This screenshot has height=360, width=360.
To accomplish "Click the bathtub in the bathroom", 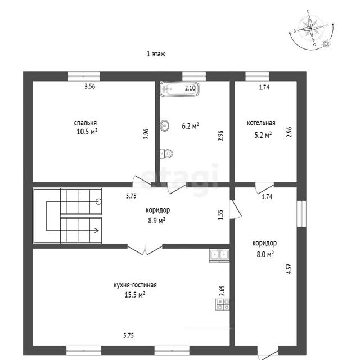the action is tap(179, 89).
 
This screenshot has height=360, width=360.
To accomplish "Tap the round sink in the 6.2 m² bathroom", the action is tap(165, 125).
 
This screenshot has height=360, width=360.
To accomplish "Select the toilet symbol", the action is tap(166, 154).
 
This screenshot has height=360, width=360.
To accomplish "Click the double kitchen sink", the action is tap(219, 255).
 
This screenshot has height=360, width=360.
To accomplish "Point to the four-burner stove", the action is tap(223, 304).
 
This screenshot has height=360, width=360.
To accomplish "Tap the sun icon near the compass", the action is tap(326, 44).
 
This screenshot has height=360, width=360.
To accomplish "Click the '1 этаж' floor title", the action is tap(156, 54).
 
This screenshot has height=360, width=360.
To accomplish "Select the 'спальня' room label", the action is tap(85, 123).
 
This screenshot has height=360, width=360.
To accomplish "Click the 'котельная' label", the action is tap(261, 123).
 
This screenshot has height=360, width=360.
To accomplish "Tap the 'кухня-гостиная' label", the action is tap(135, 285).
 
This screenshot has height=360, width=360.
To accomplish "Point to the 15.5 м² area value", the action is tap(135, 294).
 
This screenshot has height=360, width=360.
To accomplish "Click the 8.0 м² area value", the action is tap(265, 254).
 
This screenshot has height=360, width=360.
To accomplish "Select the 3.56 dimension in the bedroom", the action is tap(90, 87).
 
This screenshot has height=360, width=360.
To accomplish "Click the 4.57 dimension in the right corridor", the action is tap(289, 268).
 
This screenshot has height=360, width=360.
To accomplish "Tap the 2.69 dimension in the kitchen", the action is tap(222, 291).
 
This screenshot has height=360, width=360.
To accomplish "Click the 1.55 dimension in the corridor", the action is tap(220, 215).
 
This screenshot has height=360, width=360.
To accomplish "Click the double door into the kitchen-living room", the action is tap(145, 249).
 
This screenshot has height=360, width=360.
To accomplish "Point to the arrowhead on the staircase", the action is tap(97, 230).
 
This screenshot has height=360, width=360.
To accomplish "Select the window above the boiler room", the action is tap(257, 76).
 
